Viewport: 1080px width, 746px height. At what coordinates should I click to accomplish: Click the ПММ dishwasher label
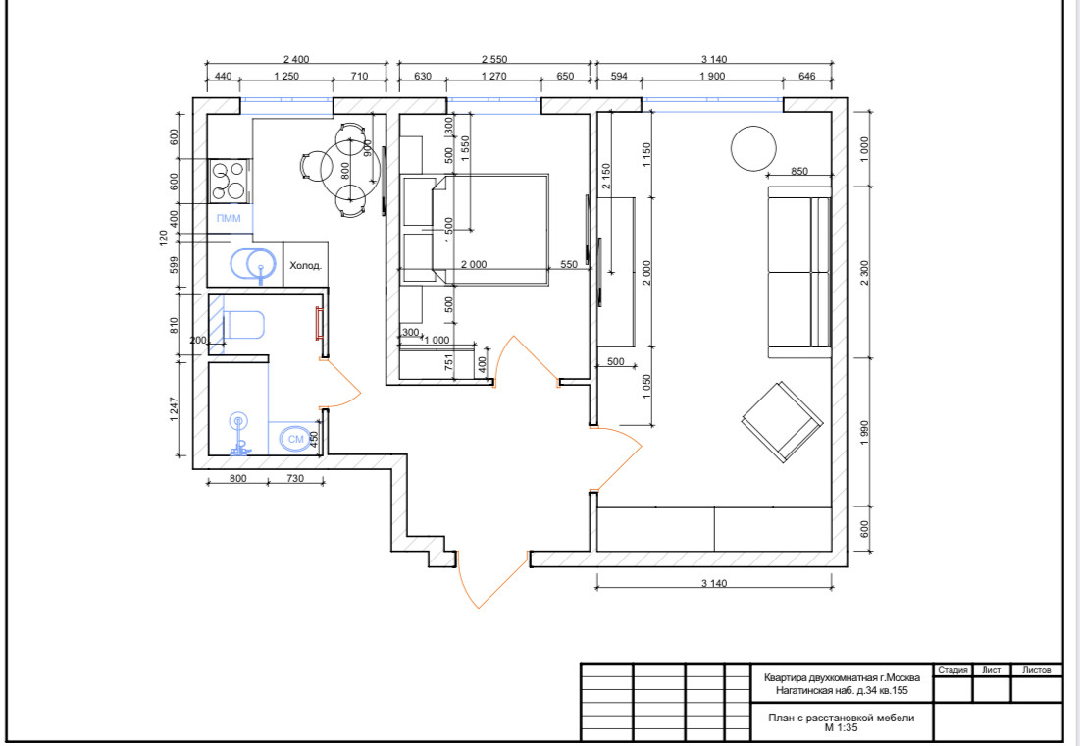point(229,219)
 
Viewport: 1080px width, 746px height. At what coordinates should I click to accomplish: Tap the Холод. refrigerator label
point(305,265)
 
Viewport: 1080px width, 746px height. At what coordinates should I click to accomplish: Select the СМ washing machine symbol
point(295,439)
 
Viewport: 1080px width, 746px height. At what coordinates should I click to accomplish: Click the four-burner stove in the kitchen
point(230,181)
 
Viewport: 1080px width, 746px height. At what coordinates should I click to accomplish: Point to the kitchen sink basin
point(253,265)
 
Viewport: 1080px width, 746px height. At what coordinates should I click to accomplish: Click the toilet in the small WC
point(243,326)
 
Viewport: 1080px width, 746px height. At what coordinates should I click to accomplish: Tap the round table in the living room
point(753,148)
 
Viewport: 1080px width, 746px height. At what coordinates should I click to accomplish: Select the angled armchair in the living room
point(783,421)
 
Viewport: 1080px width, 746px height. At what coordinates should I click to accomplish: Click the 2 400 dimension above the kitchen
point(296,59)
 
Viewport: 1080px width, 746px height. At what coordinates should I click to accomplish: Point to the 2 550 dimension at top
point(493,59)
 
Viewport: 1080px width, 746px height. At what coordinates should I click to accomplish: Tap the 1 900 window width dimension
point(712,76)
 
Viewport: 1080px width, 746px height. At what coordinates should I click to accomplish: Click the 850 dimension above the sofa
point(799,171)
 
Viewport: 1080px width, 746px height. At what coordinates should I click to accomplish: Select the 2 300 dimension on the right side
point(865,272)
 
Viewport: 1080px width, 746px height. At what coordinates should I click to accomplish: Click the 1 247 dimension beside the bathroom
point(174,409)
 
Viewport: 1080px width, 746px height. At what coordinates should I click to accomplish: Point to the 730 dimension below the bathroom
point(295,478)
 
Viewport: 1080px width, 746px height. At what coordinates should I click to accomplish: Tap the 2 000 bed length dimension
point(473,264)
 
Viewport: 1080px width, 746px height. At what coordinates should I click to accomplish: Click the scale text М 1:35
point(841,727)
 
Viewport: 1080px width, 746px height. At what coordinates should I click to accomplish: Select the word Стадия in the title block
point(952,670)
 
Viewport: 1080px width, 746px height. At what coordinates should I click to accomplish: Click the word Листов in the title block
point(1037,670)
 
